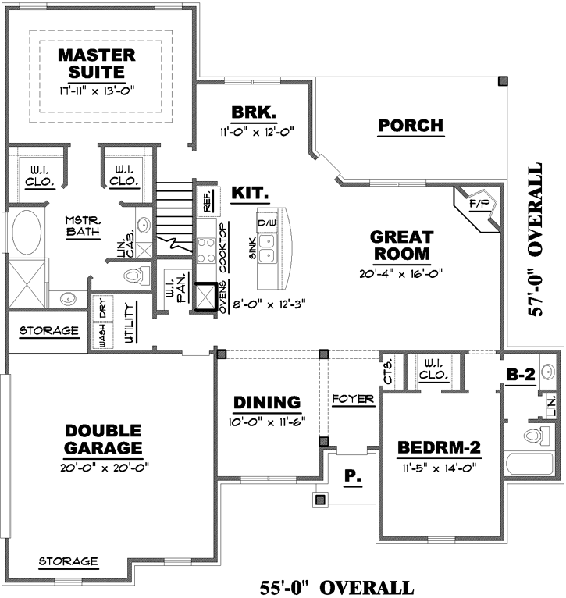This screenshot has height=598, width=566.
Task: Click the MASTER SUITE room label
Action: click(x=97, y=63)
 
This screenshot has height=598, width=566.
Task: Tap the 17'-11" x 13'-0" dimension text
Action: click(x=97, y=90)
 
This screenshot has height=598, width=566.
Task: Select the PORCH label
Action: click(x=411, y=125)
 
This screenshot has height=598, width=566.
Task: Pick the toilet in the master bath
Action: click(x=137, y=276)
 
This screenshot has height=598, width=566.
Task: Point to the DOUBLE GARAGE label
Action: click(x=103, y=440)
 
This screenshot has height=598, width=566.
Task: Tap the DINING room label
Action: click(x=267, y=403)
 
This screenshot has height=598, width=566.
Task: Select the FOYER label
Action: click(x=353, y=399)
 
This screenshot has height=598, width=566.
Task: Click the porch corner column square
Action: click(x=503, y=80)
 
